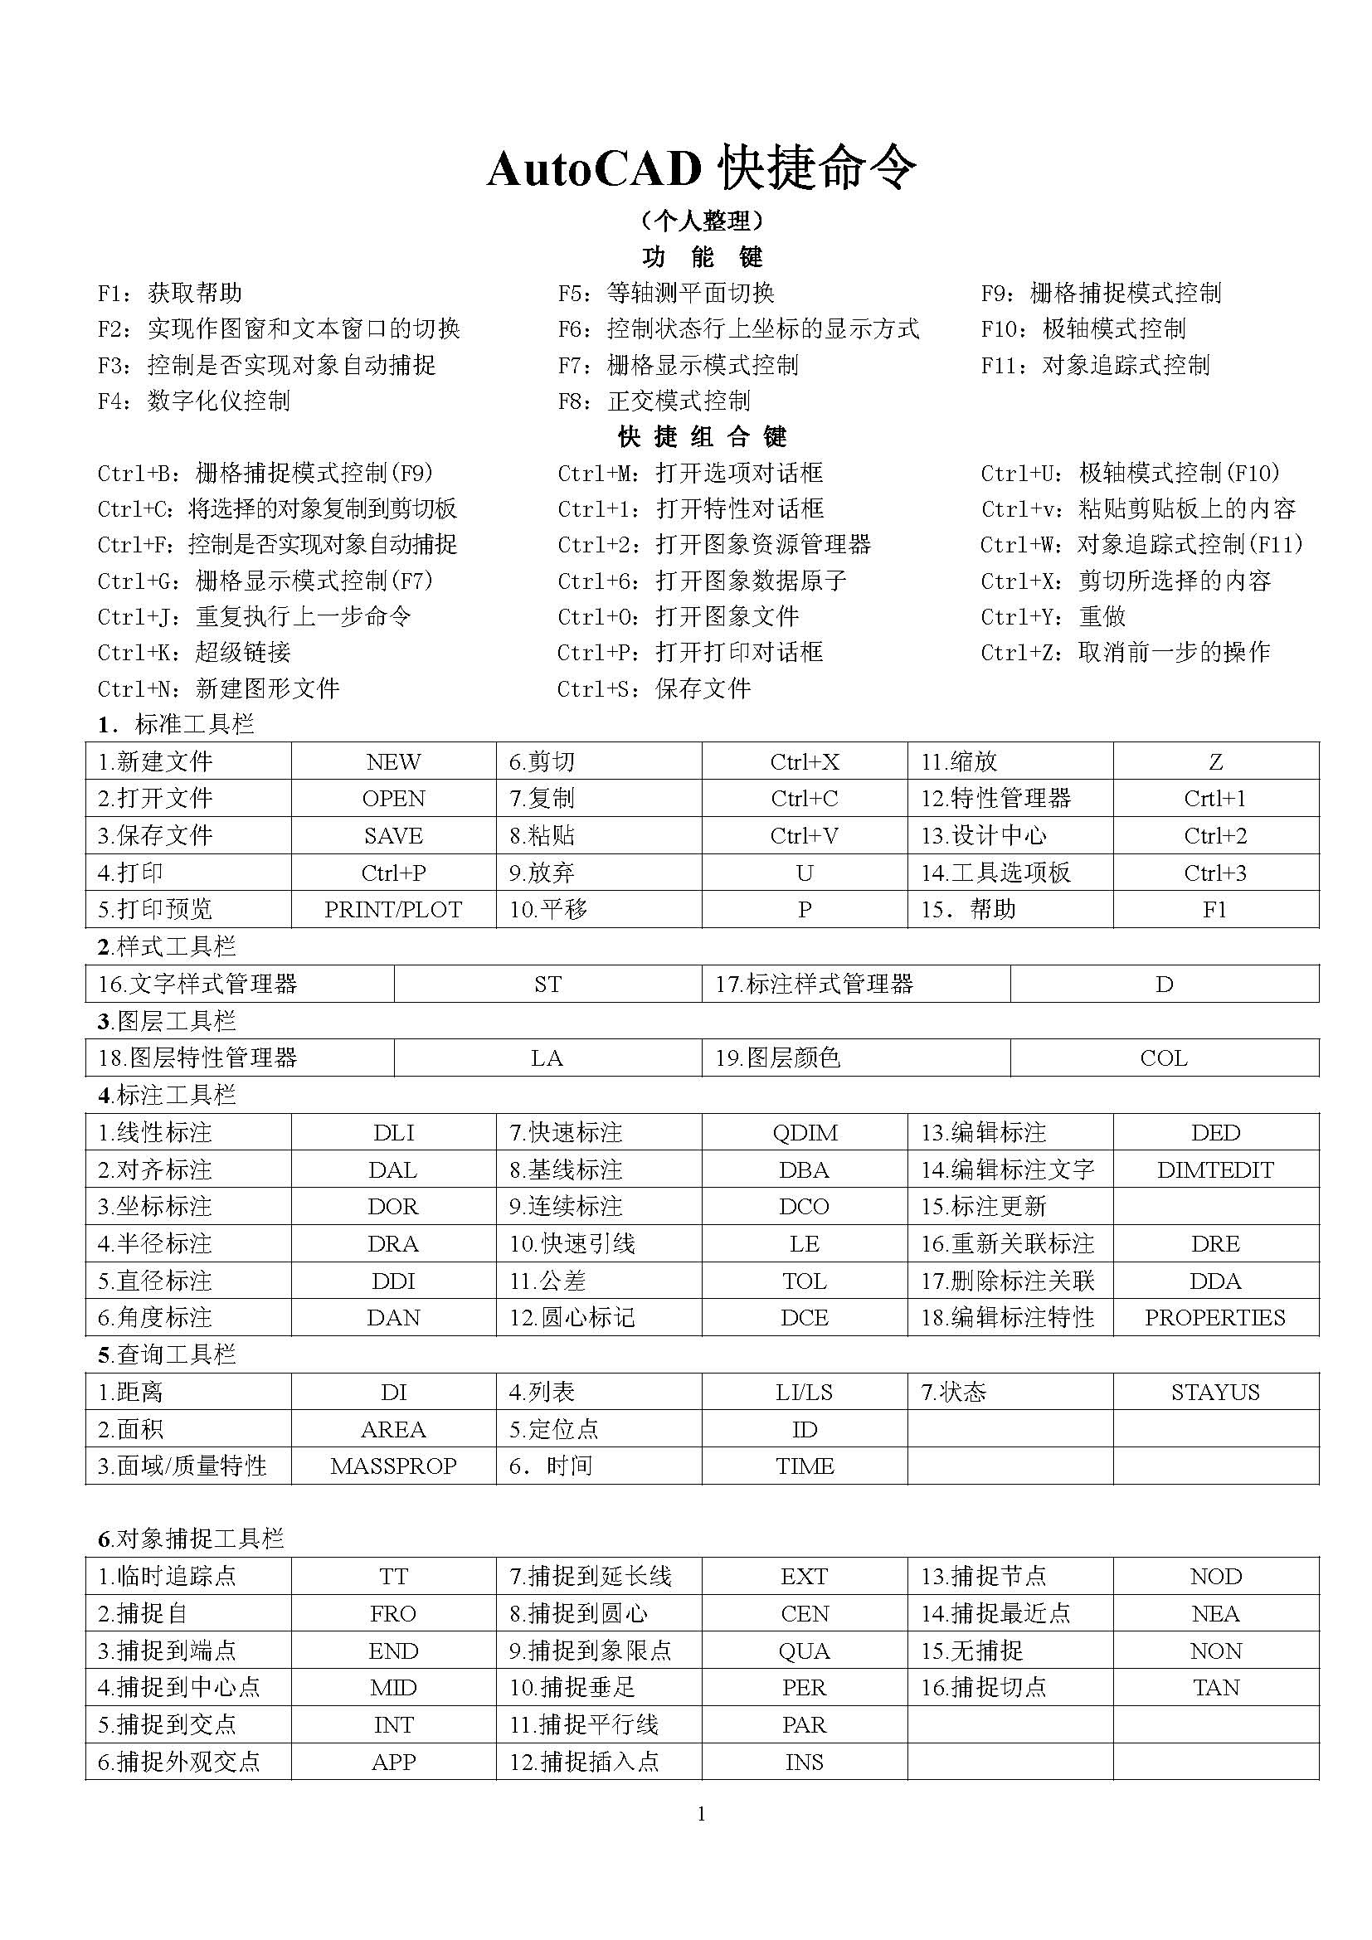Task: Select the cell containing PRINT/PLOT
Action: point(393,909)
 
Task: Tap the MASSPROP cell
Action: point(393,1466)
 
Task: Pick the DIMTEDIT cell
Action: point(1215,1169)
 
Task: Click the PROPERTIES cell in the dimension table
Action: point(1215,1317)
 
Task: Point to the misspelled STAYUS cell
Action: point(1215,1392)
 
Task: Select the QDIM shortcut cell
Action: point(805,1132)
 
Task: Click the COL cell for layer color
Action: point(1163,1058)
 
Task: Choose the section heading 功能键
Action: point(701,257)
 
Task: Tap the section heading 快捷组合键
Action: point(701,437)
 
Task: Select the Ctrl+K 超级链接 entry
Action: point(194,652)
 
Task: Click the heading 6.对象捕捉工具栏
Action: point(191,1539)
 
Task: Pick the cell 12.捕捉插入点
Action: point(584,1762)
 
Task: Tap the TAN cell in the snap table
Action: point(1215,1687)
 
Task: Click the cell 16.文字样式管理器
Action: point(197,984)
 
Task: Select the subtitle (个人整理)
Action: point(700,221)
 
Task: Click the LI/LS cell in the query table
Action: point(805,1392)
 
